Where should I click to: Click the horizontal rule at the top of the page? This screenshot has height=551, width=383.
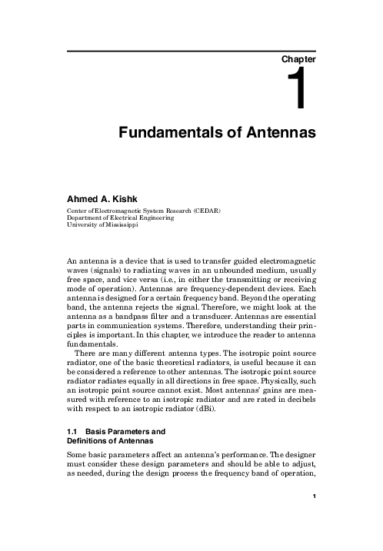pyautogui.click(x=192, y=51)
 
